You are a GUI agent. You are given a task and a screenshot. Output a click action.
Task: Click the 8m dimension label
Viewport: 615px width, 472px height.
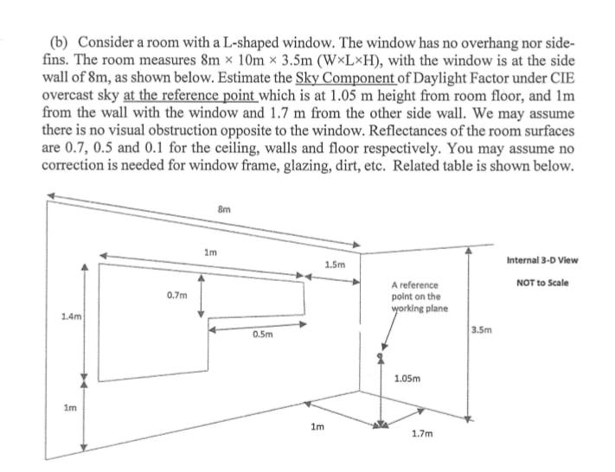coord(223,207)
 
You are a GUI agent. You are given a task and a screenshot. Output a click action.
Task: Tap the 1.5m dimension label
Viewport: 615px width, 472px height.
coord(335,264)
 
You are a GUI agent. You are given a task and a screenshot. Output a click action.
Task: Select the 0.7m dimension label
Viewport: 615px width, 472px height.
coord(176,296)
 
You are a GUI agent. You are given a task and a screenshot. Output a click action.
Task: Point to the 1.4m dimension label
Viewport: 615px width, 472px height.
coord(71,317)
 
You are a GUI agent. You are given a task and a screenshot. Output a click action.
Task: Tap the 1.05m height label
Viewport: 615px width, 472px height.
coord(407,379)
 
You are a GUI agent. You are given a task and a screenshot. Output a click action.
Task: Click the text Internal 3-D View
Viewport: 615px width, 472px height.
coord(542,260)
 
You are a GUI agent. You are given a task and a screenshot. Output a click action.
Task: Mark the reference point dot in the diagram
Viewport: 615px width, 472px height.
coord(378,356)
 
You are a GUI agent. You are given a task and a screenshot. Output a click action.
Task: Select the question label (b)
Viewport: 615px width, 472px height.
coord(59,41)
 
